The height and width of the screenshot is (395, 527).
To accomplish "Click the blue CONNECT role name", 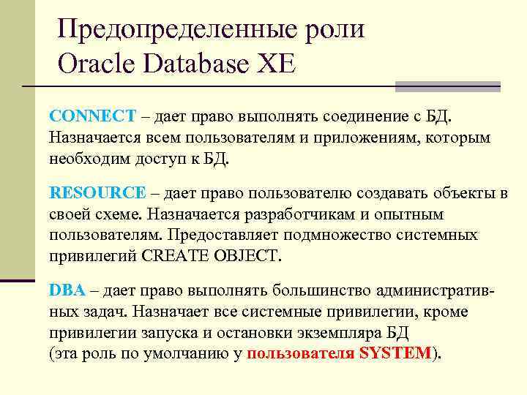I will click(92, 116).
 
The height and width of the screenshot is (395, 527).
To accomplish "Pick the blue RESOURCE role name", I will click(97, 193).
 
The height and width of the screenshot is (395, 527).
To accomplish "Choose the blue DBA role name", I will click(67, 290).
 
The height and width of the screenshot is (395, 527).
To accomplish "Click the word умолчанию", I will click(198, 353).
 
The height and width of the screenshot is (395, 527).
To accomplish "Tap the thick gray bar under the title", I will click(447, 86).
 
